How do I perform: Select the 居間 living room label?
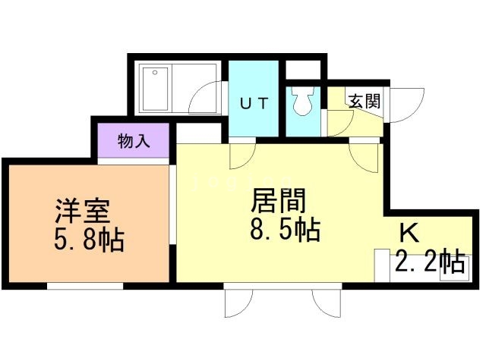[279, 201]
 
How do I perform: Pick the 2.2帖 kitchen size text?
[430, 262]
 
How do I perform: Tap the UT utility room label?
[254, 104]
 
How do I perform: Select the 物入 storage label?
[133, 140]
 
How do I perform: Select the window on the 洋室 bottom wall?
[85, 286]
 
